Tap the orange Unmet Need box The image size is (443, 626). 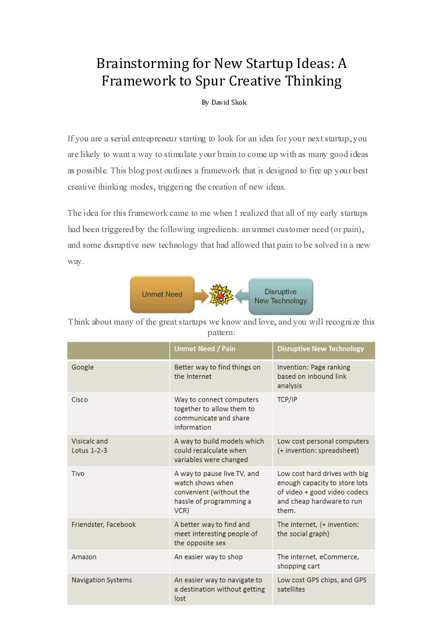[x=162, y=294]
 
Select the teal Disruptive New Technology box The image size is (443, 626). [x=281, y=296]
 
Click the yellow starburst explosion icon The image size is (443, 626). [x=221, y=296]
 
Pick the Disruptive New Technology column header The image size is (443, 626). [x=320, y=349]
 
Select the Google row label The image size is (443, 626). [x=83, y=367]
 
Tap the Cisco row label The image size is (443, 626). [x=80, y=400]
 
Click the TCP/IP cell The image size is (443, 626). [x=287, y=400]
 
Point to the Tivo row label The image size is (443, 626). [x=78, y=474]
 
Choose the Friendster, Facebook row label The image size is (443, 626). [x=104, y=524]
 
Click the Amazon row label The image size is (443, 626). [x=84, y=557]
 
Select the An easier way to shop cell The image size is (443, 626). [x=208, y=557]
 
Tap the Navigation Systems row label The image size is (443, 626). [x=102, y=580]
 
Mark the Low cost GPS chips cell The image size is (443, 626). [x=321, y=585]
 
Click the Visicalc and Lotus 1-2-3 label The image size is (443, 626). [x=90, y=446]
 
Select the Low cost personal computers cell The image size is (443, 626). [x=322, y=446]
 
